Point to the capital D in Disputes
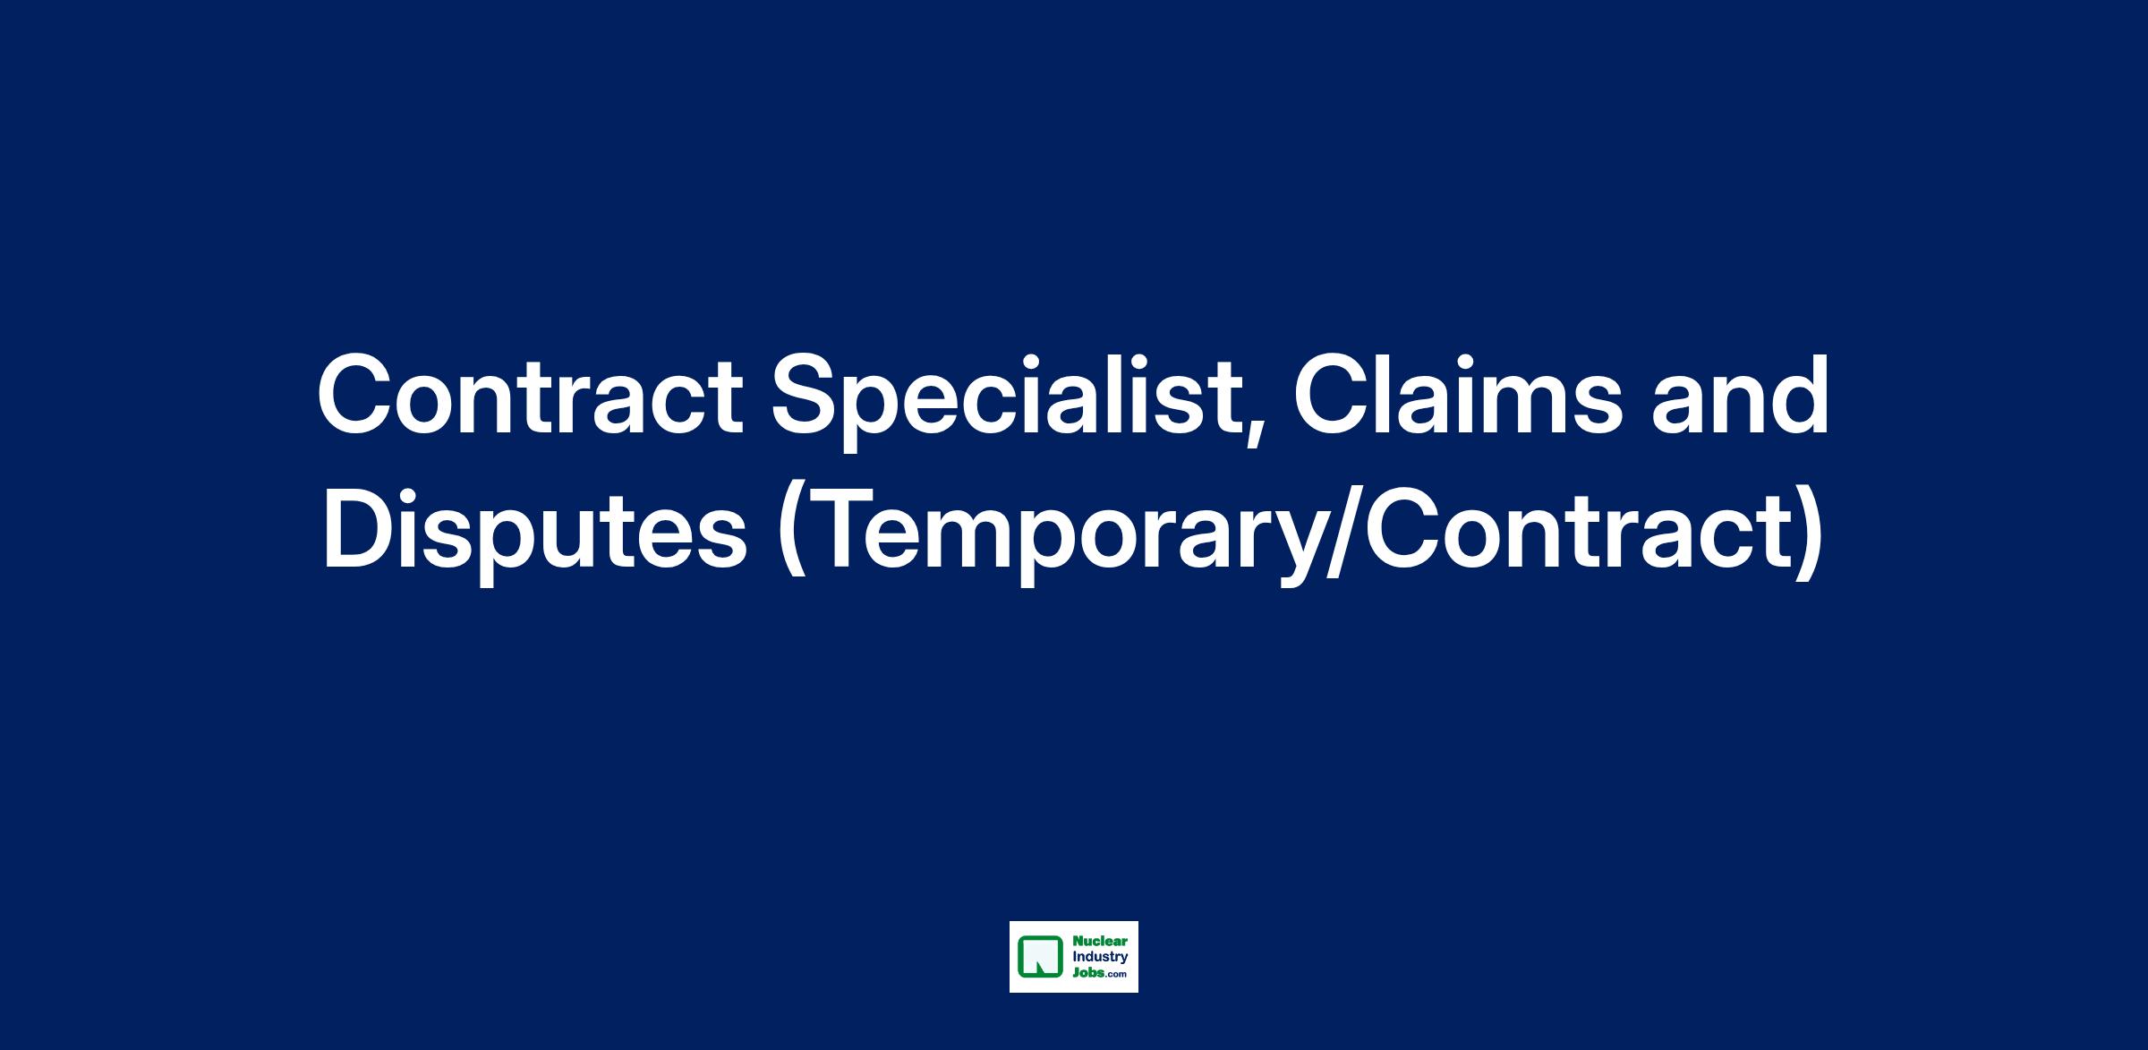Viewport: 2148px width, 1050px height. tap(356, 532)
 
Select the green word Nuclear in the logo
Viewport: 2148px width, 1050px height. tap(1094, 942)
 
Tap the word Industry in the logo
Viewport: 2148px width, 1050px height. tap(1094, 957)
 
